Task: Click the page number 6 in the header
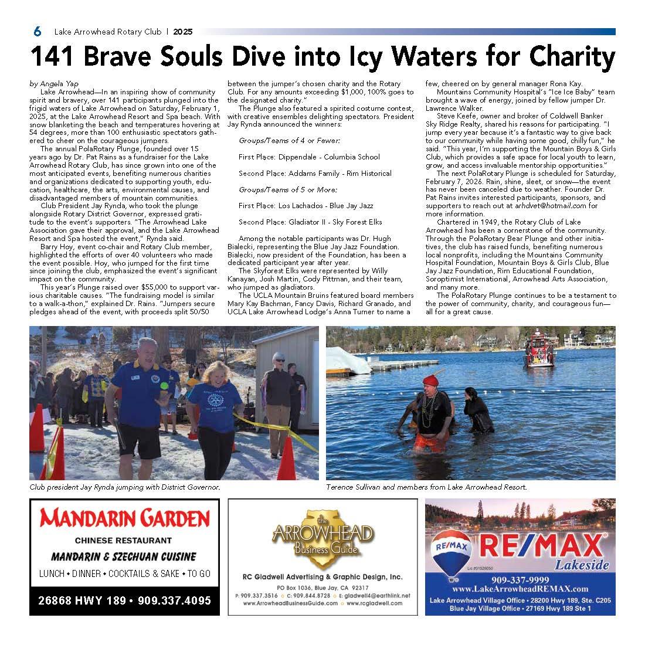pos(37,32)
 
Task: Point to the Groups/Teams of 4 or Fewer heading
pos(290,141)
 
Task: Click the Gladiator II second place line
pos(310,222)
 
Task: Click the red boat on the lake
pos(538,353)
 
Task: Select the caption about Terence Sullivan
pos(426,487)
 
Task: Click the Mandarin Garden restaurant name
pos(124,518)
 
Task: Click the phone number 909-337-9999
pos(520,579)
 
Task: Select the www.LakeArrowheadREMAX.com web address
pos(520,589)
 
